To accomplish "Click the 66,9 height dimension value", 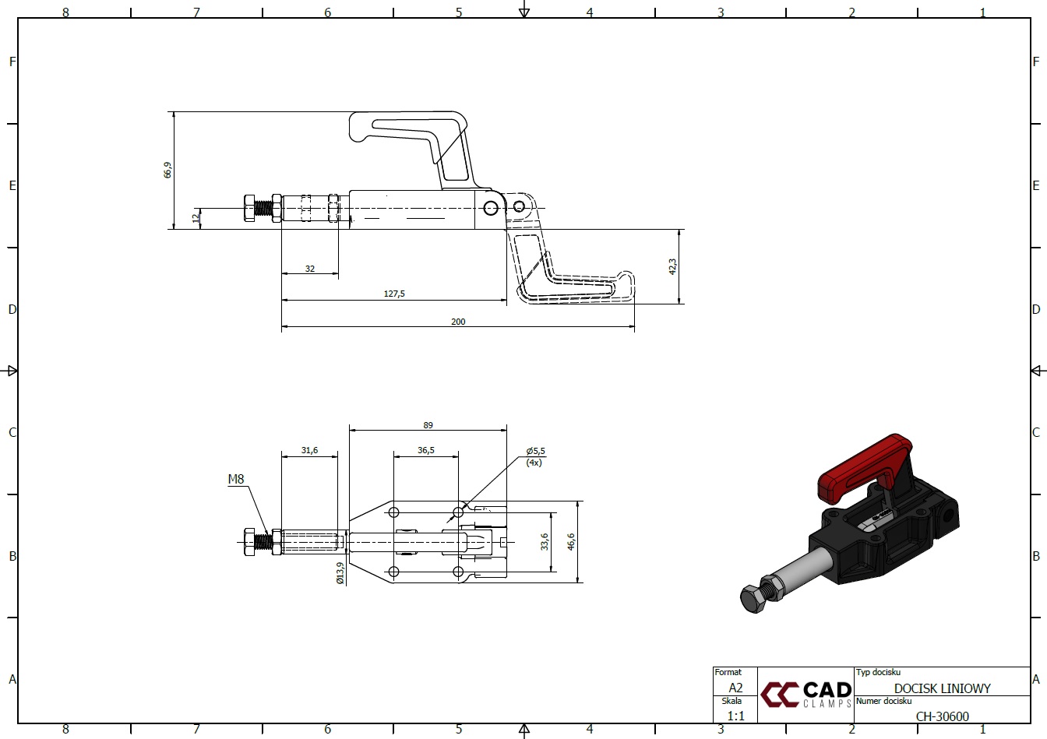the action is [167, 170].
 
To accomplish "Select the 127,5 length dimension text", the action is [394, 294].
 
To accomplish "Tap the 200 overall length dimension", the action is [458, 322].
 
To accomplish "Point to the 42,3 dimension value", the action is [672, 266].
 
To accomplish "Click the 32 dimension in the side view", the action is [310, 269].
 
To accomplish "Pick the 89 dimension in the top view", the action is [428, 425].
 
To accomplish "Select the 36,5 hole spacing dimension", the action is [426, 450].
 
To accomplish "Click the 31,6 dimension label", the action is [309, 450].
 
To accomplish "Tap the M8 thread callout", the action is [236, 479].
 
